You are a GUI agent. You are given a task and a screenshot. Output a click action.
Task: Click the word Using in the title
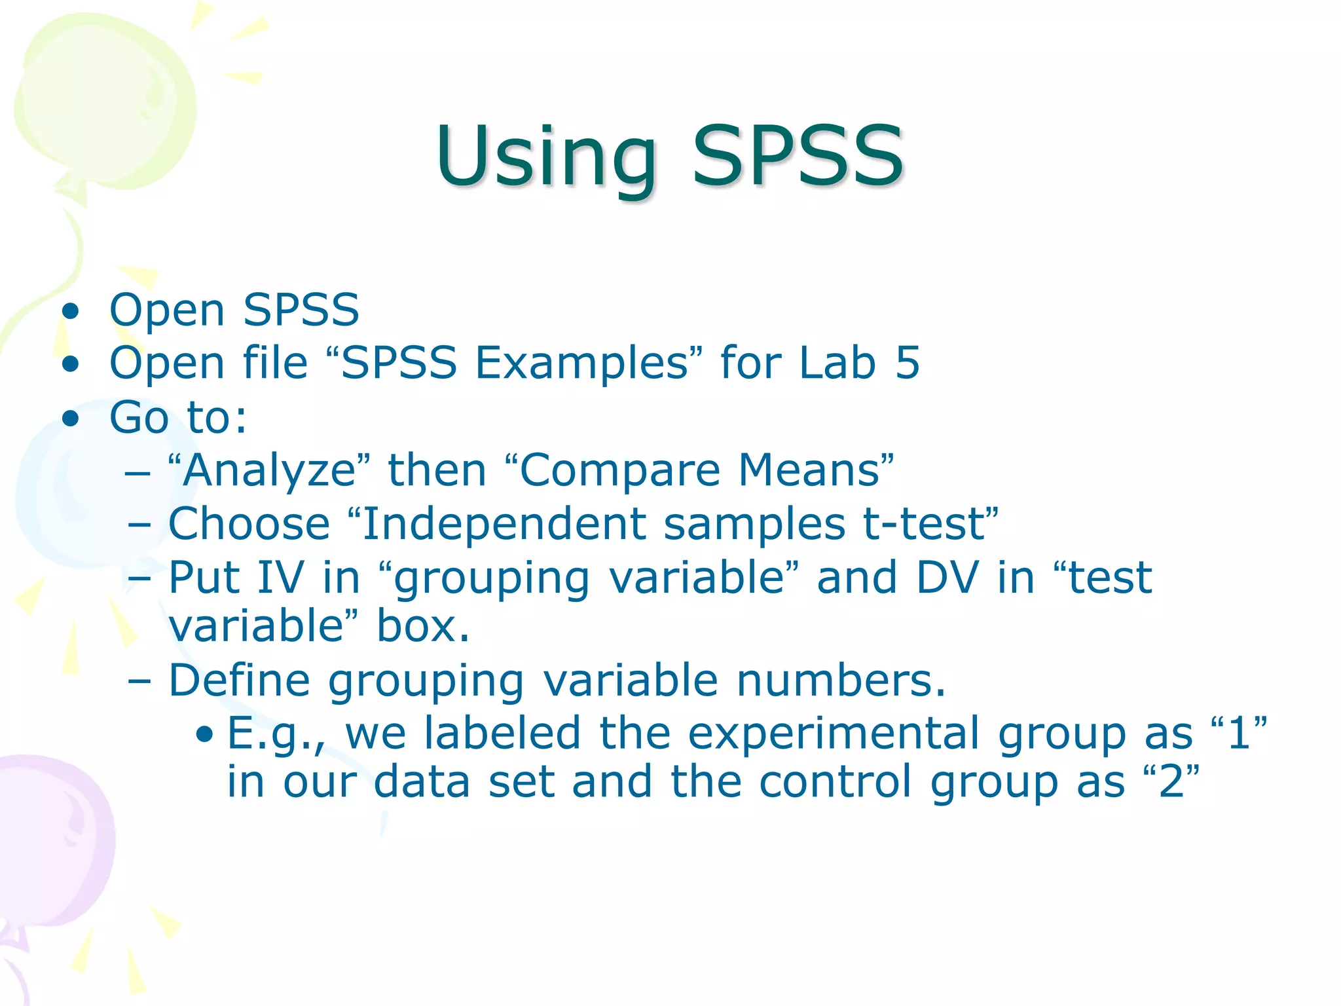(x=547, y=157)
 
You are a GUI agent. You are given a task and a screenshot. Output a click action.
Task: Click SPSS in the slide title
(x=798, y=157)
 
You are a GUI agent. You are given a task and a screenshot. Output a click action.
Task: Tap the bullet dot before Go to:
(x=71, y=418)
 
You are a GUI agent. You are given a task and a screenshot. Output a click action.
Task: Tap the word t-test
(x=925, y=524)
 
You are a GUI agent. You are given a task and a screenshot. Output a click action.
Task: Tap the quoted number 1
(x=1240, y=734)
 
